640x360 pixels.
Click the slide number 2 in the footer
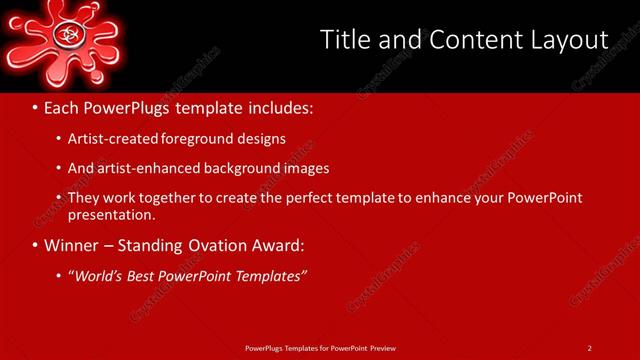point(590,348)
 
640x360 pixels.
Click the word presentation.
point(110,214)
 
